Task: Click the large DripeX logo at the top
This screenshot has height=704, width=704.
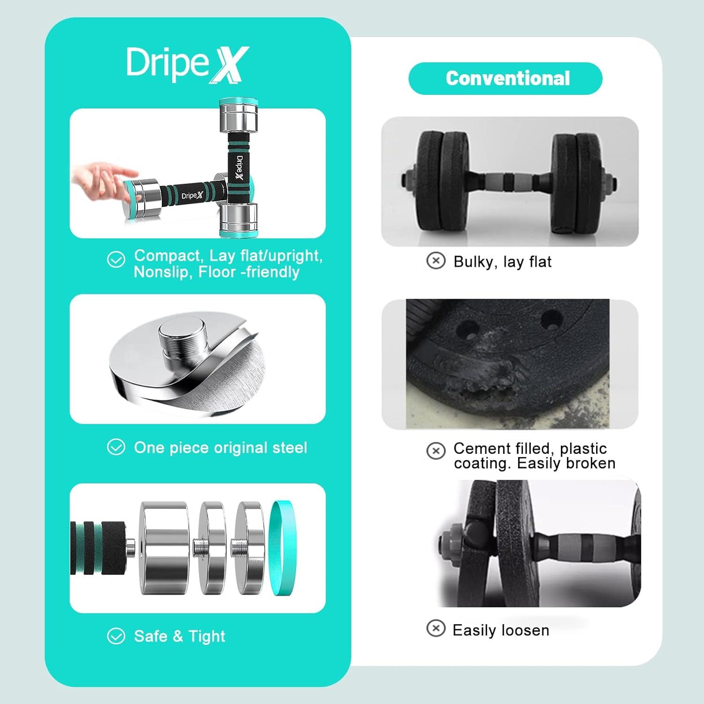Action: click(x=187, y=65)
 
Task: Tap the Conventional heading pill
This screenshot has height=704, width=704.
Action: click(x=505, y=78)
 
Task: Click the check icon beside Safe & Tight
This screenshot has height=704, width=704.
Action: click(x=116, y=636)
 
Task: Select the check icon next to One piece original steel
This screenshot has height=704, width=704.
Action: click(x=116, y=447)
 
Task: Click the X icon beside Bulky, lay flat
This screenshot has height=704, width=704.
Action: click(x=436, y=260)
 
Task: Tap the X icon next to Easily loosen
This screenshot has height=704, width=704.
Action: click(x=436, y=628)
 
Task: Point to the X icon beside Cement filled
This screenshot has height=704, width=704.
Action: click(x=436, y=451)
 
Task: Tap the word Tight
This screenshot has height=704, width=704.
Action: click(x=207, y=636)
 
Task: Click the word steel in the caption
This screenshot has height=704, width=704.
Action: click(x=290, y=447)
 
